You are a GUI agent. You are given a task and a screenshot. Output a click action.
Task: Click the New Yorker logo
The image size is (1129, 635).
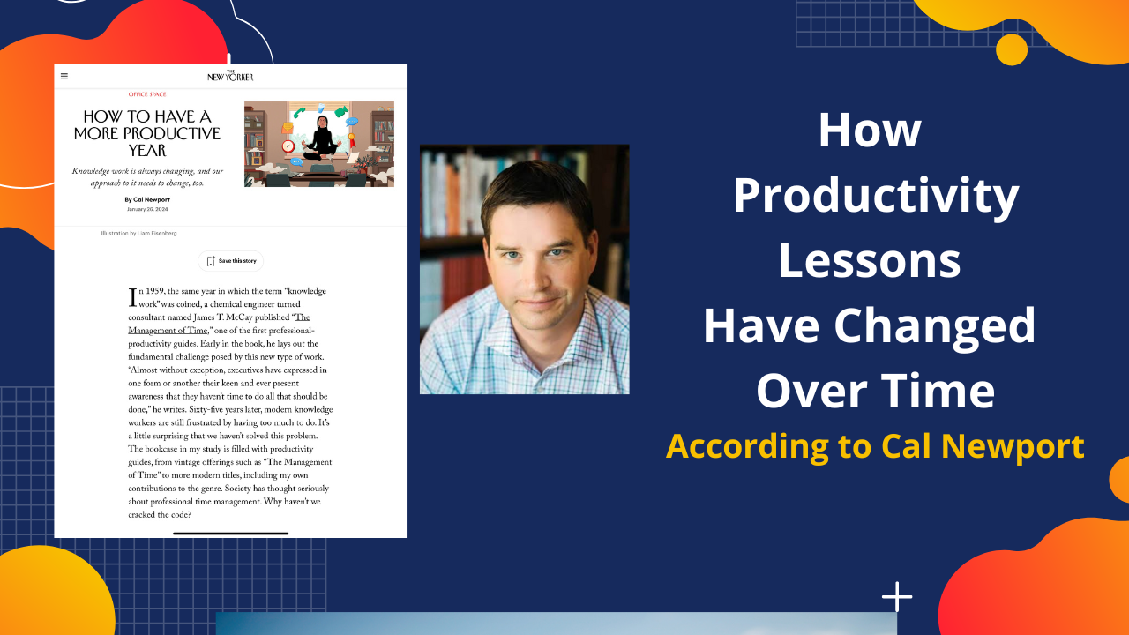(x=230, y=76)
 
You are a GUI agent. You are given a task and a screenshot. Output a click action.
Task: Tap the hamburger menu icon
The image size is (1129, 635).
(x=64, y=76)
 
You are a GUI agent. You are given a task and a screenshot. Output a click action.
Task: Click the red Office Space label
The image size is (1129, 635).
(x=147, y=94)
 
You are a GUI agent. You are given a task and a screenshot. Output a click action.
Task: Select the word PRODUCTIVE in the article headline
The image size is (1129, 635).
(x=173, y=133)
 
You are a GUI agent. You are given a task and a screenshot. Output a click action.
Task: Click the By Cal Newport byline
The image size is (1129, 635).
(x=147, y=200)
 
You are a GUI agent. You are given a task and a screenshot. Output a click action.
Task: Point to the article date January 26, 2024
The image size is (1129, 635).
(x=147, y=210)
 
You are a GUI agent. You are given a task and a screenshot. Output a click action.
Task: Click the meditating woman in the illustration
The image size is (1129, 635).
(x=319, y=139)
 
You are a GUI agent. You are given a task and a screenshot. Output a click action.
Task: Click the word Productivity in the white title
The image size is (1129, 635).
(x=875, y=195)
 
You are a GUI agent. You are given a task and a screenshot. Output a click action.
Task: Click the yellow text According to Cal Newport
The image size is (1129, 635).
(x=875, y=446)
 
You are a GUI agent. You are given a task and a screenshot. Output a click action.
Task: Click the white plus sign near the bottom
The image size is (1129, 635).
(x=897, y=597)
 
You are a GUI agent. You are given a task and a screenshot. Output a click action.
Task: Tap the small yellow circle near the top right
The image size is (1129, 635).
(x=1012, y=49)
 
